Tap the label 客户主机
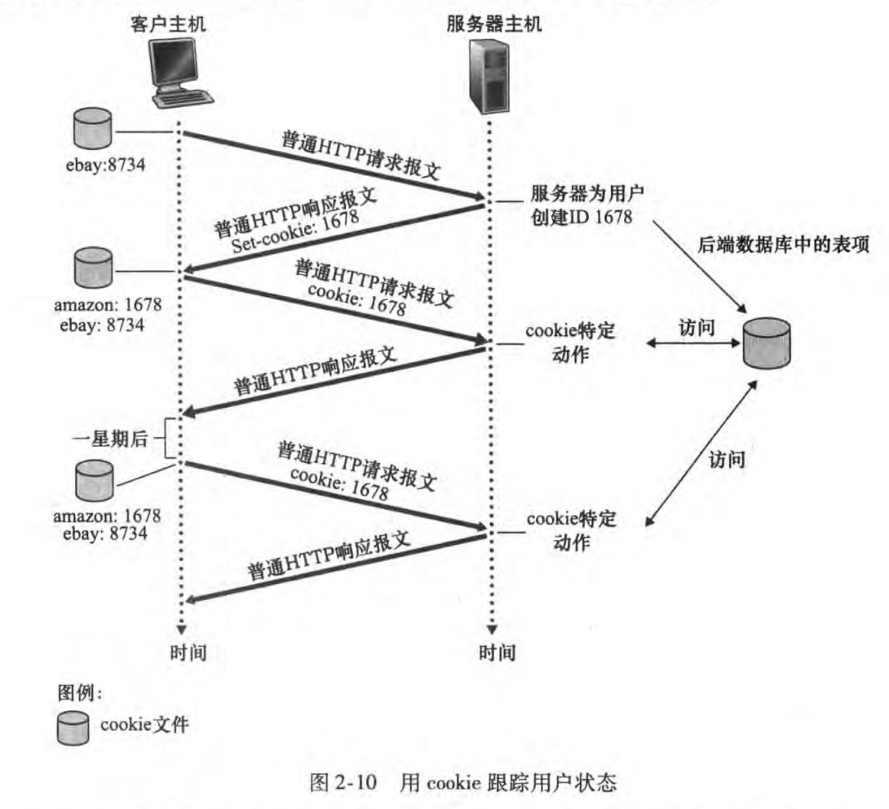[x=169, y=24]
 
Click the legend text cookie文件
[x=144, y=725]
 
